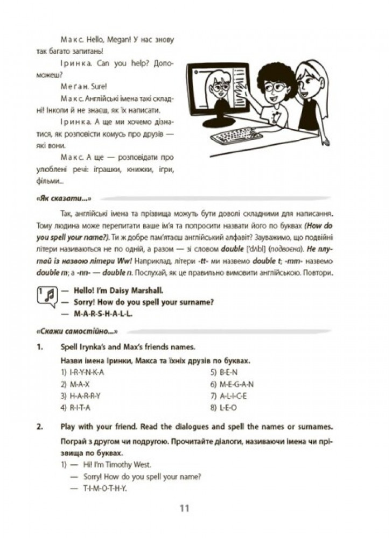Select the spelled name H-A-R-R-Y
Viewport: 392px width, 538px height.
(x=86, y=396)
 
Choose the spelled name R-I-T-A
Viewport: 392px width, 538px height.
(x=81, y=408)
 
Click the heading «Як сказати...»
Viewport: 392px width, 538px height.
(x=62, y=198)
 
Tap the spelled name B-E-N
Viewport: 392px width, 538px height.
(x=228, y=372)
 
